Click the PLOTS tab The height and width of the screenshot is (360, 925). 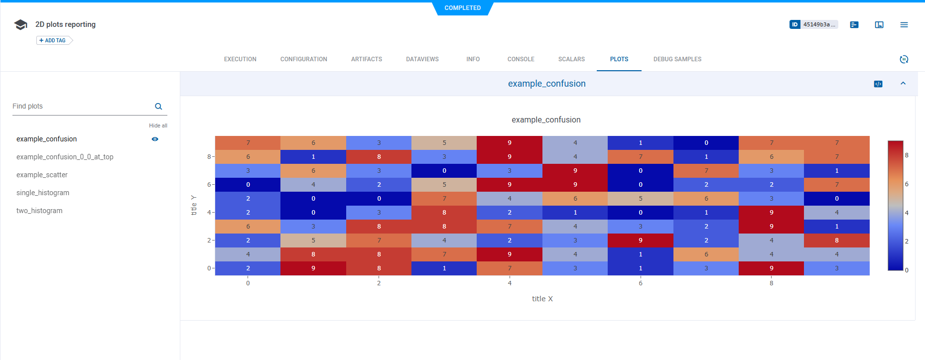pyautogui.click(x=619, y=59)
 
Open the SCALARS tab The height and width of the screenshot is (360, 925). pyautogui.click(x=571, y=59)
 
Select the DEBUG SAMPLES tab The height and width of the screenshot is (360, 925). pyautogui.click(x=677, y=59)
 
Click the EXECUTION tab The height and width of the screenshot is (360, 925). pyautogui.click(x=240, y=59)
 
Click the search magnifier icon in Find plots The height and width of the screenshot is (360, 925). pyautogui.click(x=158, y=106)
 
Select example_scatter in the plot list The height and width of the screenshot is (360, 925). pyautogui.click(x=42, y=175)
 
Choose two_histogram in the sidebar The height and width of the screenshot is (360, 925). pyautogui.click(x=39, y=211)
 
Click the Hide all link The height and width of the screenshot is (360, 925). pyautogui.click(x=158, y=125)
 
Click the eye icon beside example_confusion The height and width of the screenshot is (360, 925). pyautogui.click(x=155, y=139)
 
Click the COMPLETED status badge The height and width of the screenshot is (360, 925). pyautogui.click(x=462, y=8)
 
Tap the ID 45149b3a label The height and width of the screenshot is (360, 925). pyautogui.click(x=813, y=24)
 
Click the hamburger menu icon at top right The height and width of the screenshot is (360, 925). pyautogui.click(x=904, y=24)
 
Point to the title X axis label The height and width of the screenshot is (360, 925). pyautogui.click(x=542, y=299)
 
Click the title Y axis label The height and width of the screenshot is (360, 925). pyautogui.click(x=194, y=205)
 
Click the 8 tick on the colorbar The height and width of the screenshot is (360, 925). pyautogui.click(x=907, y=155)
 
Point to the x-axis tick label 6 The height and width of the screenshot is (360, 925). pyautogui.click(x=641, y=283)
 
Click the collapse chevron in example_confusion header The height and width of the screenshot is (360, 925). pyautogui.click(x=903, y=84)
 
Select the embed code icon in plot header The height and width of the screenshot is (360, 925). pyautogui.click(x=878, y=84)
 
